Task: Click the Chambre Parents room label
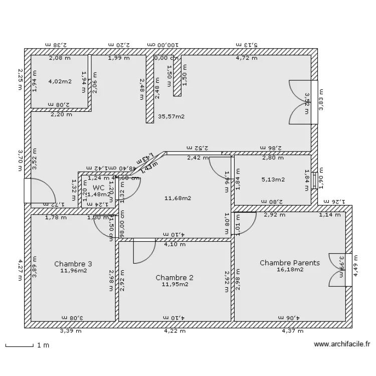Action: click(x=289, y=263)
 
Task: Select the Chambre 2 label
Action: click(x=174, y=277)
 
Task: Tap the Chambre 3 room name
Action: click(x=73, y=264)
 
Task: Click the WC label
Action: click(x=98, y=187)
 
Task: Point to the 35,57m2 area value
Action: click(x=171, y=116)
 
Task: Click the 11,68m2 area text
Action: click(x=177, y=198)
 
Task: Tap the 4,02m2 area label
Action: click(x=60, y=81)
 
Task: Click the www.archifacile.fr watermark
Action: click(x=341, y=344)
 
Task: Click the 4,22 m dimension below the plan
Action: click(x=175, y=331)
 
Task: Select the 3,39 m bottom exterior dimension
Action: click(x=71, y=331)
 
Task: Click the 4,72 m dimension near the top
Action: click(x=247, y=58)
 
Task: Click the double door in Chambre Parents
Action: click(x=338, y=270)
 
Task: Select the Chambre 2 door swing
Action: click(x=144, y=251)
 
